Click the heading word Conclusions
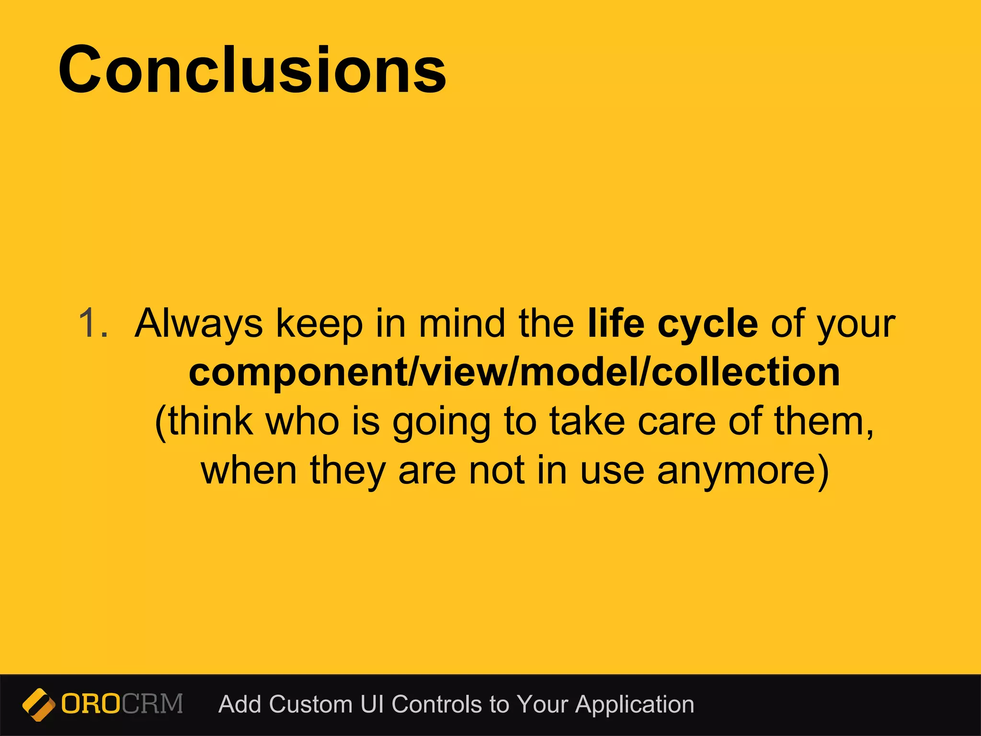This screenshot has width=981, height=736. [252, 70]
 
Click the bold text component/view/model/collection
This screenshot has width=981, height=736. [514, 372]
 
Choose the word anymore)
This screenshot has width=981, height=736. [742, 471]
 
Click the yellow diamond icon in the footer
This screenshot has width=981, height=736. [38, 704]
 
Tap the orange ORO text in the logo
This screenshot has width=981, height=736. [91, 704]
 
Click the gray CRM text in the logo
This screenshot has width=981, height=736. [152, 704]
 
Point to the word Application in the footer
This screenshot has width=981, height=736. [635, 705]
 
